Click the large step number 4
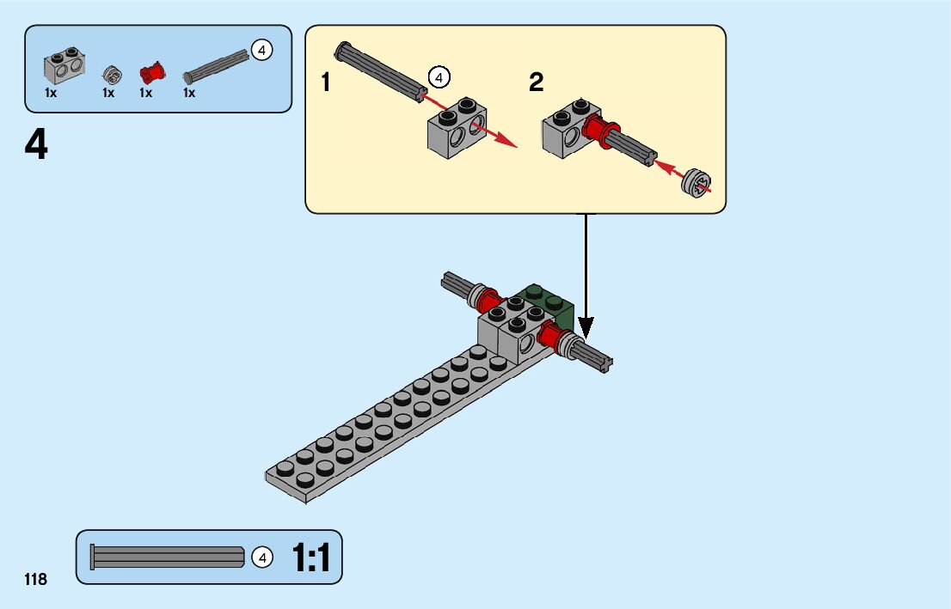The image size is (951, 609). (36, 145)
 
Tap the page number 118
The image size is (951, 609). (36, 580)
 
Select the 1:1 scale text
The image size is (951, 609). (311, 557)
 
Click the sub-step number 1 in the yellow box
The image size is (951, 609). (326, 82)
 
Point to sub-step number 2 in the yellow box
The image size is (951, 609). (537, 82)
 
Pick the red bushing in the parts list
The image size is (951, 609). (152, 73)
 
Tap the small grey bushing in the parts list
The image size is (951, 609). (112, 75)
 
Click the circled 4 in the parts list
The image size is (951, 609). (262, 51)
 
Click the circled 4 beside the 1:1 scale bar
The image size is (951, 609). (262, 557)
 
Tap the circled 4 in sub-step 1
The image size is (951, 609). (439, 77)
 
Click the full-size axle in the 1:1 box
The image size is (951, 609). (168, 557)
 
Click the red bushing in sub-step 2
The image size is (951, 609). (599, 131)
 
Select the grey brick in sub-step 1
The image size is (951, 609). (457, 128)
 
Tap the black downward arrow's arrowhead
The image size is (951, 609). (586, 328)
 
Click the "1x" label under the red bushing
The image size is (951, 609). (145, 93)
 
